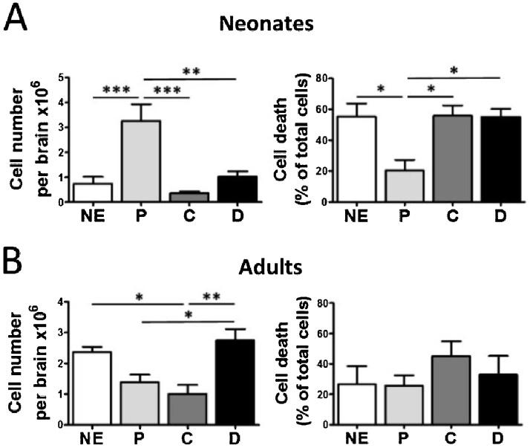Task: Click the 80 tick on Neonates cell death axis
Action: tap(324, 77)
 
